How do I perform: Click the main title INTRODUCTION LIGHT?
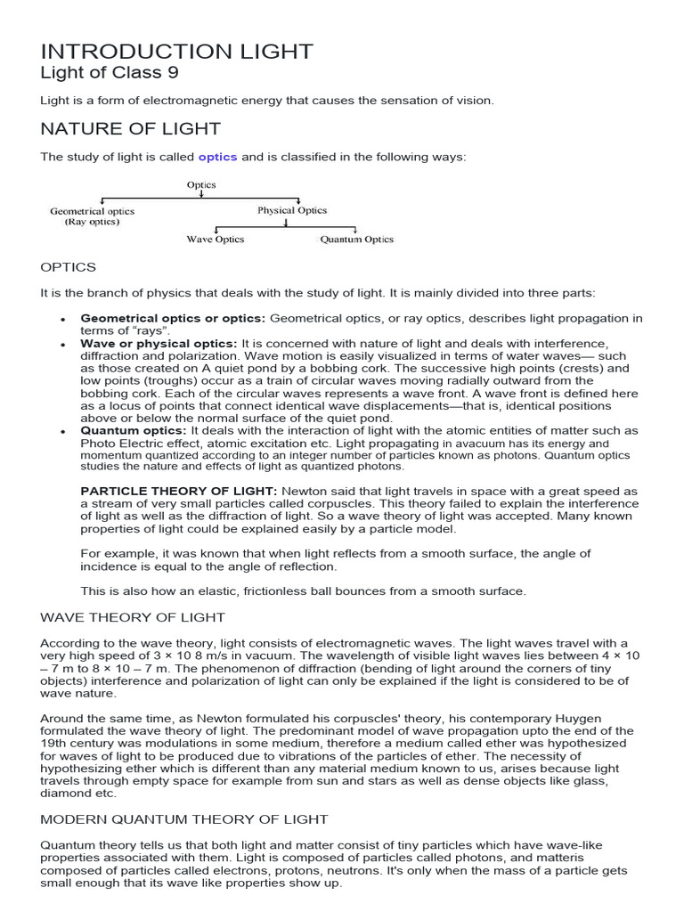pyautogui.click(x=176, y=52)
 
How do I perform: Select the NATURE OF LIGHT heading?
pyautogui.click(x=130, y=129)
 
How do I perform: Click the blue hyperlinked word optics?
pyautogui.click(x=217, y=157)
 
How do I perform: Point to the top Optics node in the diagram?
pyautogui.click(x=201, y=185)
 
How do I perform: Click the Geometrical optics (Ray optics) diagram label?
pyautogui.click(x=92, y=216)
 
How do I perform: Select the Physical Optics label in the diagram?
pyautogui.click(x=292, y=211)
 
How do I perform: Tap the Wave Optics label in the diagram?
pyautogui.click(x=215, y=240)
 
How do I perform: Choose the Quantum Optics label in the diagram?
pyautogui.click(x=356, y=240)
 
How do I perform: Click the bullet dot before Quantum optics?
pyautogui.click(x=62, y=431)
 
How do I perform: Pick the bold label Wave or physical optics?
pyautogui.click(x=159, y=344)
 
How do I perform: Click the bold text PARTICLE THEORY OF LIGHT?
pyautogui.click(x=179, y=491)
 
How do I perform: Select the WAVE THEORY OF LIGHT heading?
pyautogui.click(x=133, y=617)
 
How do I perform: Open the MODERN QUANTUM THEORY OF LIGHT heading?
pyautogui.click(x=184, y=818)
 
